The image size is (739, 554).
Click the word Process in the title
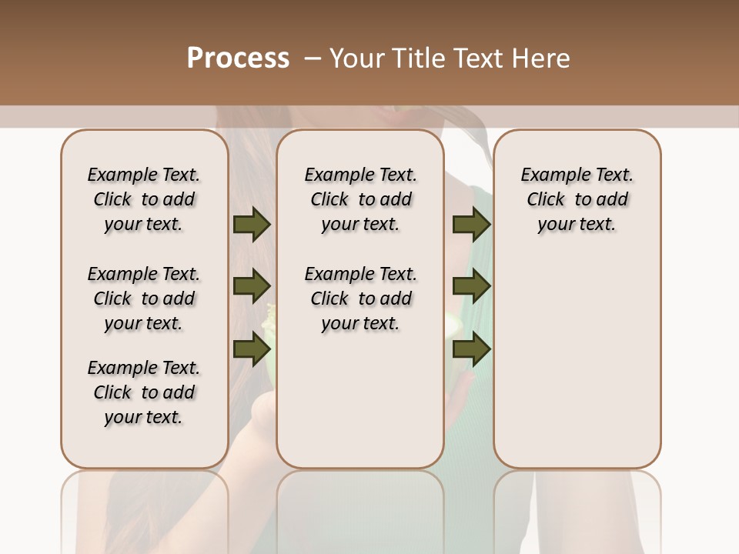pos(238,58)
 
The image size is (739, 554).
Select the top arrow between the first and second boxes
pos(252,225)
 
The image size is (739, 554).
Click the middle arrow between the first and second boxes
pos(252,286)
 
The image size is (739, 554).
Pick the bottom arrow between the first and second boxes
pos(252,349)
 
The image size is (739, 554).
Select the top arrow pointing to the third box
pos(471,225)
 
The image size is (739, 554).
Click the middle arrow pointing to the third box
pos(471,286)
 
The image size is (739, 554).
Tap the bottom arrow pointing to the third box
pos(471,349)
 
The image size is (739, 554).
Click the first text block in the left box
pos(144,199)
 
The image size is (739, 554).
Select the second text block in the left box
pos(144,299)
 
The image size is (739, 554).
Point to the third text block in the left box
pos(144,392)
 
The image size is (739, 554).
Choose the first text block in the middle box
pos(360,199)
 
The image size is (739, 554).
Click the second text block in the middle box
pos(360,299)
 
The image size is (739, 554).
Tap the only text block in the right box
pos(577,199)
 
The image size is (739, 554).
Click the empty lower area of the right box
pos(577,362)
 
